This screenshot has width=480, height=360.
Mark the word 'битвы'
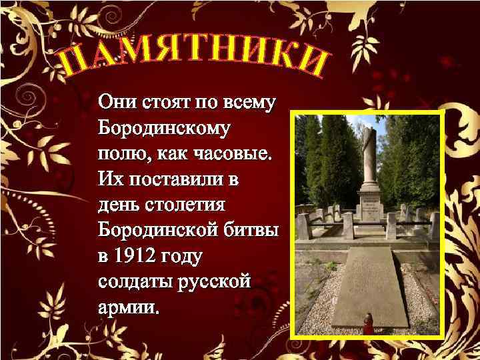coord(252,231)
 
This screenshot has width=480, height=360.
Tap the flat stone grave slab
coord(370,283)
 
